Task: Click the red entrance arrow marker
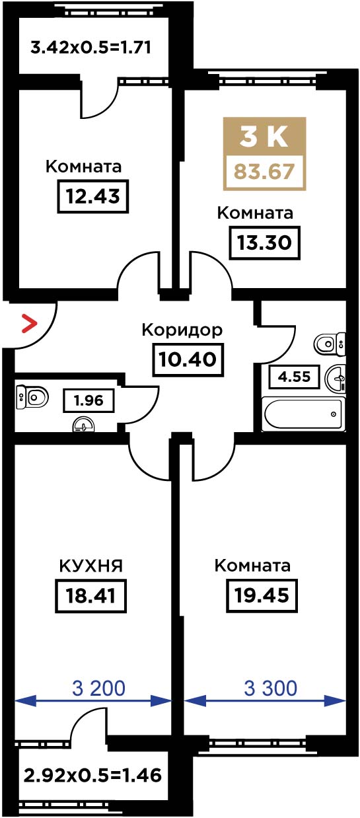point(30,323)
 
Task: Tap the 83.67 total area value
point(264,171)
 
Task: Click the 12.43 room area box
point(92,196)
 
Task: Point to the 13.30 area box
point(264,242)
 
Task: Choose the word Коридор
point(182,330)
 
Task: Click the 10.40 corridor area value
point(188,359)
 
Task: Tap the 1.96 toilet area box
point(89,400)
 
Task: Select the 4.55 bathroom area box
point(295,376)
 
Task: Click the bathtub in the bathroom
point(304,414)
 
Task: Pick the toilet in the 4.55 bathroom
point(330,344)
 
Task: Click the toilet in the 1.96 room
point(32,396)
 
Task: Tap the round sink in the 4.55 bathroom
point(335,379)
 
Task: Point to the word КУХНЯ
point(91,566)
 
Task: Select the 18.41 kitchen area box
point(91,595)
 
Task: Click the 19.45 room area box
point(262,595)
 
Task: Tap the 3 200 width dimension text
point(98,688)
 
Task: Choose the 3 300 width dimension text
point(271,688)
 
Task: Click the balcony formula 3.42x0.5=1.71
point(91,48)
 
